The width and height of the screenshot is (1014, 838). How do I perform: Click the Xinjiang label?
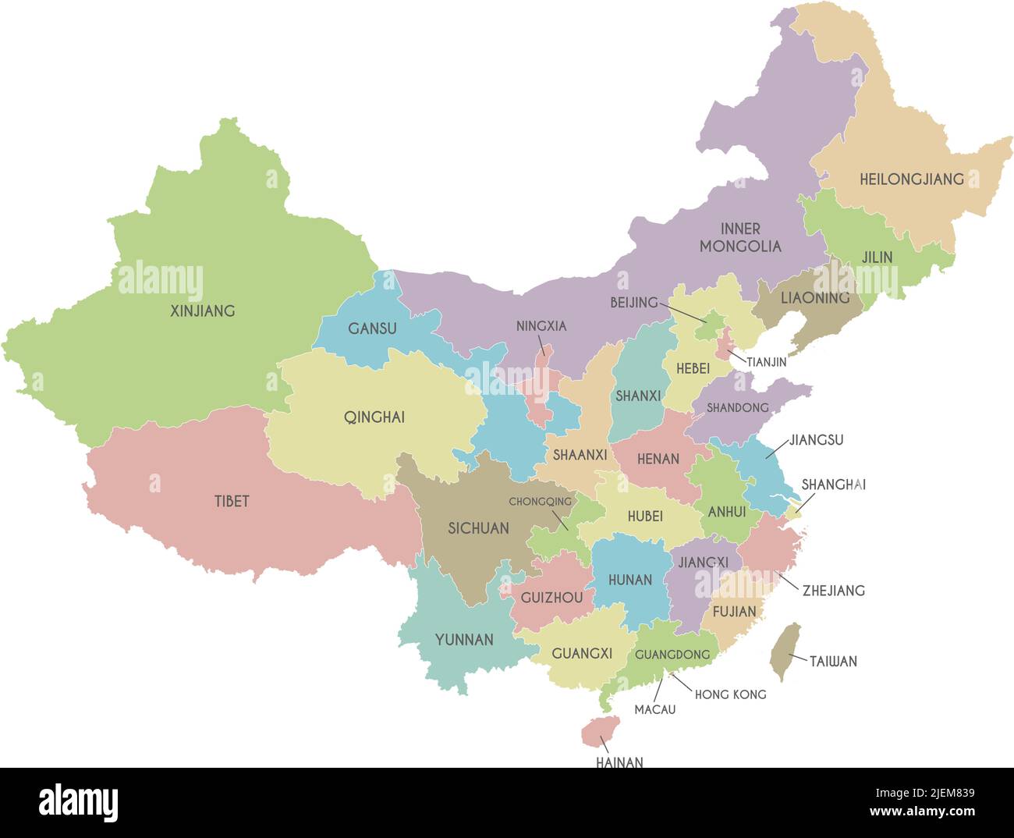coord(202,311)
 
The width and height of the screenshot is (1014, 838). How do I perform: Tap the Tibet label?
coord(232,501)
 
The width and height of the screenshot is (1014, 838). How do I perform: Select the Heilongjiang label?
coord(911,179)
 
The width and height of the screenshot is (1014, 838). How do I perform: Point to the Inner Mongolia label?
coord(739,237)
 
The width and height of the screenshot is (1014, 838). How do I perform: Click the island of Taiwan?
coord(785,651)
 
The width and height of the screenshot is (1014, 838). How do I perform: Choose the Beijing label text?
coord(633,302)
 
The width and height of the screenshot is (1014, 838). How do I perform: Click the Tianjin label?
coord(766,362)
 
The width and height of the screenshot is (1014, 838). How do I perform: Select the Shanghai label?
coord(833,485)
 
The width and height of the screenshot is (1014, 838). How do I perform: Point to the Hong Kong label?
coord(730,694)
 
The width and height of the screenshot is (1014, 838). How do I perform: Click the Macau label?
coord(654,709)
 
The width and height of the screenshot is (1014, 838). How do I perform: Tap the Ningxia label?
coord(541,325)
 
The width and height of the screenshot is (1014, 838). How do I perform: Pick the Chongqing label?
coord(540,502)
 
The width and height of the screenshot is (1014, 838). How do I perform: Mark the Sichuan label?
coord(478,528)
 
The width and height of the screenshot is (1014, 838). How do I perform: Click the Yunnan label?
coord(464,639)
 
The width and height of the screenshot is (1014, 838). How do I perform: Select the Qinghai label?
coord(374,417)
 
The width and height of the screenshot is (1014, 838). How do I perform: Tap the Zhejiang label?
coord(833,590)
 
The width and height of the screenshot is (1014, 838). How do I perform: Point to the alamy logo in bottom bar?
coord(78,802)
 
